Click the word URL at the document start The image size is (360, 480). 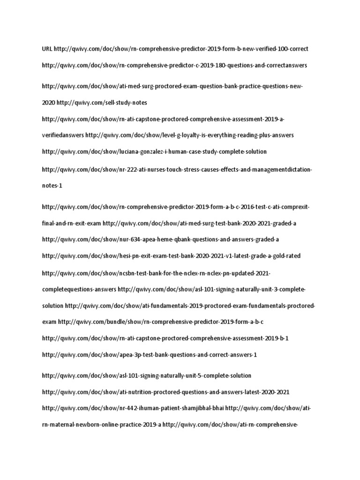[47, 49]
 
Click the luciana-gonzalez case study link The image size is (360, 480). [154, 152]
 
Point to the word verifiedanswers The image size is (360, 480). [63, 135]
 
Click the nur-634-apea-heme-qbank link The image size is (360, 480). [160, 240]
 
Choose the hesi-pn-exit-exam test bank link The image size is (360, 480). [171, 256]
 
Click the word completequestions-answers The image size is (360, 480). [79, 289]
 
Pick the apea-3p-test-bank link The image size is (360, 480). [150, 355]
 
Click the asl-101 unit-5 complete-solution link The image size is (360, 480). [146, 375]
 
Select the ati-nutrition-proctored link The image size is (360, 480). [169, 392]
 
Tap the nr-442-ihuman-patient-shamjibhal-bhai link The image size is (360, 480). [133, 408]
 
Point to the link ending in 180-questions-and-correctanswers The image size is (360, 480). [174, 65]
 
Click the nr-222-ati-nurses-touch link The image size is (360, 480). [176, 169]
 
